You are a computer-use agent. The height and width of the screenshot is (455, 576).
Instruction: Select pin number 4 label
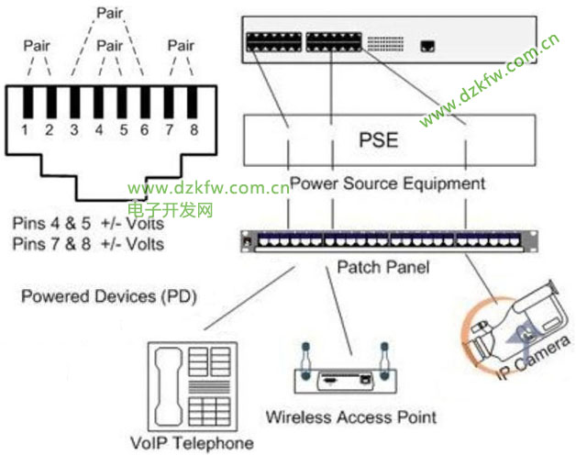click(98, 129)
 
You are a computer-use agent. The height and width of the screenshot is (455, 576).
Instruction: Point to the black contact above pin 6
click(145, 103)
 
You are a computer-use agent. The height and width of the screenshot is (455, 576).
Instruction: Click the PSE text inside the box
click(379, 141)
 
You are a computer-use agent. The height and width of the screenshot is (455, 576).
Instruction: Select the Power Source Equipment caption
click(387, 183)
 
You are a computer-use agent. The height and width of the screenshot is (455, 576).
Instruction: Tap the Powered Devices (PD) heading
click(109, 297)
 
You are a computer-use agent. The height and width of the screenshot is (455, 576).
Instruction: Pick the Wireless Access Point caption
click(350, 417)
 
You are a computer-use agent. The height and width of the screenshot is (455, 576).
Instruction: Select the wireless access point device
click(344, 375)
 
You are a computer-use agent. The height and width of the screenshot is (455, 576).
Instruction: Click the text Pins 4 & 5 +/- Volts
click(88, 223)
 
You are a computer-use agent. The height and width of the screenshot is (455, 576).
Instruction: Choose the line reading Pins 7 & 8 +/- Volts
click(88, 243)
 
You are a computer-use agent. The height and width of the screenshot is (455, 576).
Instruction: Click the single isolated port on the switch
click(428, 43)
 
